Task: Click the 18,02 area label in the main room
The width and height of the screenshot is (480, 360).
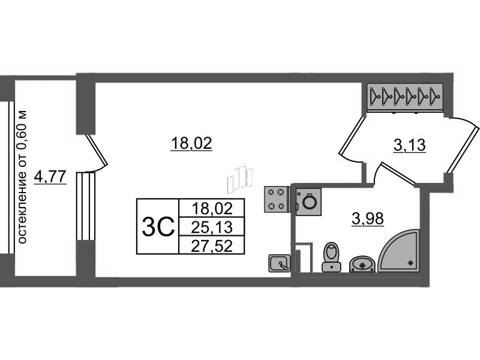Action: click(191, 143)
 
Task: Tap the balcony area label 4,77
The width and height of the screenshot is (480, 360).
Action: click(50, 176)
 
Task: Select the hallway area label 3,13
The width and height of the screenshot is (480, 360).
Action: click(410, 145)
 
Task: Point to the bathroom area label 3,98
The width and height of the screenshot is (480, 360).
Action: click(368, 218)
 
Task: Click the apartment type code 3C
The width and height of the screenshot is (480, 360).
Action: click(158, 227)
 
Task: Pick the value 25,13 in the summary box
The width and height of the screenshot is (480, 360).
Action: click(212, 227)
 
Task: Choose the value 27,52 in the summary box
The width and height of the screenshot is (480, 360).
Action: click(212, 246)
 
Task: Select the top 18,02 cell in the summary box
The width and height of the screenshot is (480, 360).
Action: click(212, 208)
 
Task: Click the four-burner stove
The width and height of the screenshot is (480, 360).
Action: click(276, 199)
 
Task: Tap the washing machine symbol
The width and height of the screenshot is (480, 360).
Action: click(308, 202)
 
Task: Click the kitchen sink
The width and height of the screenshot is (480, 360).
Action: click(279, 263)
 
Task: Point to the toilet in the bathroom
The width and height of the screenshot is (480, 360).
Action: click(331, 257)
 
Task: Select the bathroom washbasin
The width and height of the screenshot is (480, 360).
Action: click(362, 264)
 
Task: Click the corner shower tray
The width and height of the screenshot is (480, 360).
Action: click(398, 250)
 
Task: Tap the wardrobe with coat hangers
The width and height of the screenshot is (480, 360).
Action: click(405, 96)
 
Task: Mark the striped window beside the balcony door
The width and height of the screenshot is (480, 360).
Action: click(86, 206)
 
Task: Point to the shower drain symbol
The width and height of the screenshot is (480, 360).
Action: click(410, 262)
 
